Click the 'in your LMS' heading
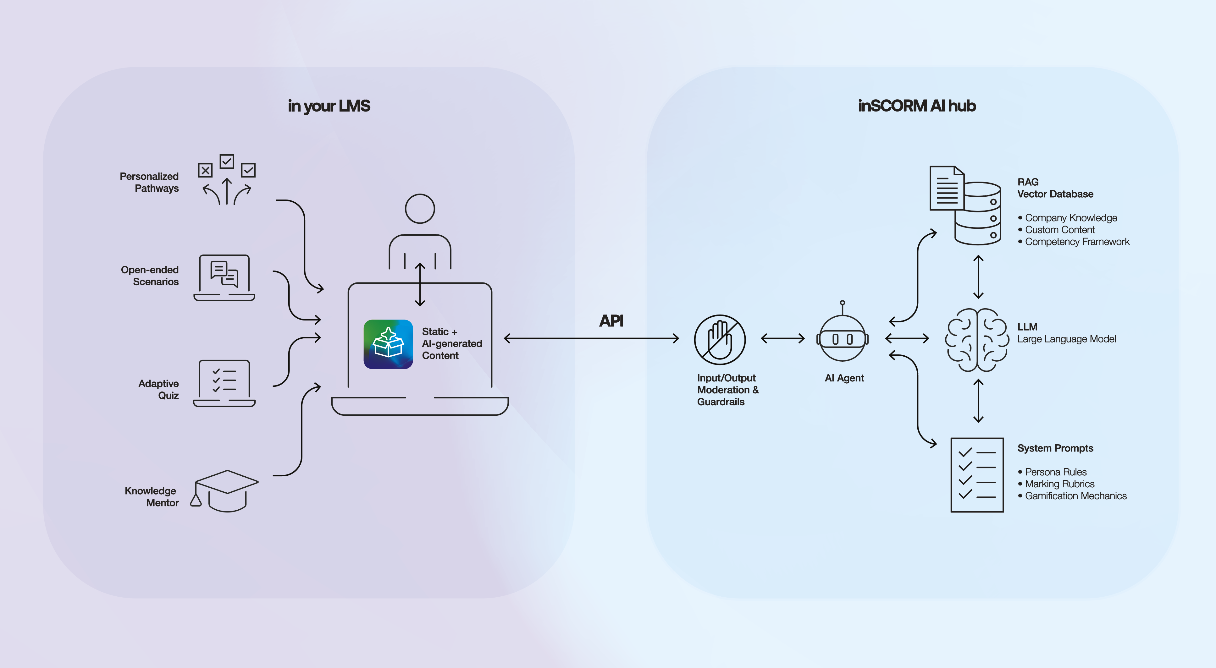point(329,106)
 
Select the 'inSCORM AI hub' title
point(917,106)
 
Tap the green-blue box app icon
point(388,344)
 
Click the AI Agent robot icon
point(843,338)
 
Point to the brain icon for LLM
point(977,340)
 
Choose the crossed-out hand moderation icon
point(720,340)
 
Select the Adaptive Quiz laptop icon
point(224,383)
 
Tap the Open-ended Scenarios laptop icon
point(224,277)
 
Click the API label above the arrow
point(611,321)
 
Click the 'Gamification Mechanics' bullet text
point(1075,496)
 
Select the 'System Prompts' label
point(1055,448)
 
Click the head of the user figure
point(420,209)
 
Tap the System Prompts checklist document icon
point(977,474)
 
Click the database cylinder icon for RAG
point(978,215)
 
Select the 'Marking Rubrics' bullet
point(1059,484)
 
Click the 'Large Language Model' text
point(1066,339)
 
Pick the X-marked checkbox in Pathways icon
point(205,170)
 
